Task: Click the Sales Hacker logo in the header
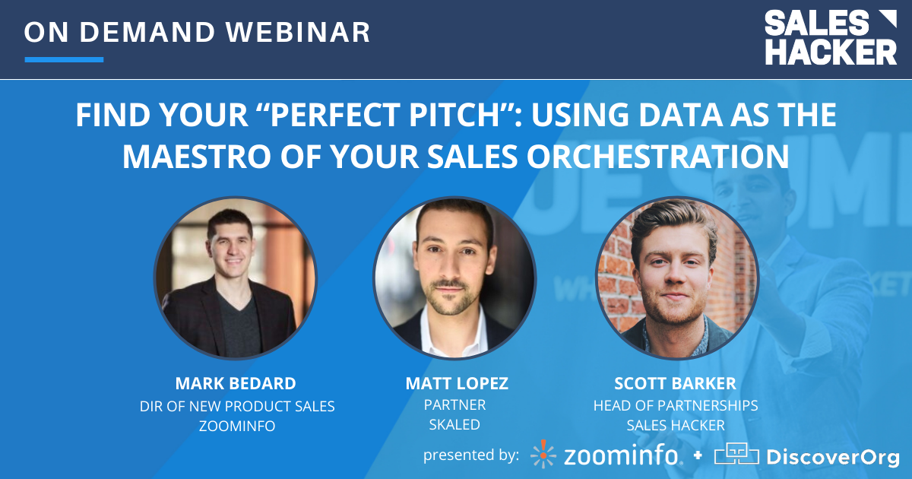click(831, 37)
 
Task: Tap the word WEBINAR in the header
click(298, 32)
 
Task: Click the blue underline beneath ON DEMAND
click(64, 59)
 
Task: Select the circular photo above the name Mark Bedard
click(236, 278)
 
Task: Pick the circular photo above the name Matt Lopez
click(454, 278)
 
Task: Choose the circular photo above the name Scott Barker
click(677, 278)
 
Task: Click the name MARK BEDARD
click(236, 383)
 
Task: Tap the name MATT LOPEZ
click(457, 383)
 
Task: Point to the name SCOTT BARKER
click(675, 383)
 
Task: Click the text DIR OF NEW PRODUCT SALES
click(237, 406)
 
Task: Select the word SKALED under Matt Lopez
click(454, 424)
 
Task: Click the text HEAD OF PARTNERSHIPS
click(676, 406)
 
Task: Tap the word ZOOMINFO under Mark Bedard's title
click(237, 426)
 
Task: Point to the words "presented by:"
click(471, 455)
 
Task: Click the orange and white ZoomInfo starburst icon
click(543, 454)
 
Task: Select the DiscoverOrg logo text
click(833, 457)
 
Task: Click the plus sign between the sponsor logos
click(698, 455)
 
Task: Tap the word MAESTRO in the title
click(196, 157)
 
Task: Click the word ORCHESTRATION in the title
click(658, 157)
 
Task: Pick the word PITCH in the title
click(454, 115)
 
